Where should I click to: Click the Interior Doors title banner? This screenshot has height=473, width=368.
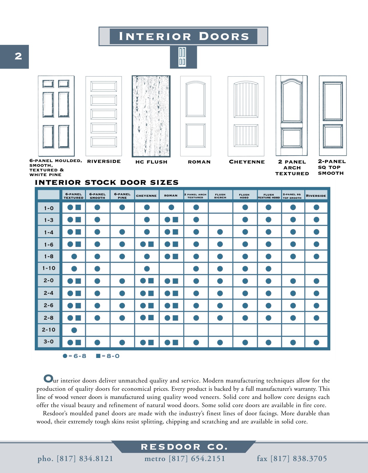pos(183,36)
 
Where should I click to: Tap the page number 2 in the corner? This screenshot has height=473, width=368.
pos(18,56)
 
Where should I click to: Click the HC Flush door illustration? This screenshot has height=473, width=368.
pos(151,116)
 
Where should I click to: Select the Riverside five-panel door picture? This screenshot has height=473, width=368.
pos(104,116)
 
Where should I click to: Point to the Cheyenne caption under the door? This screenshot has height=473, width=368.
pos(247,162)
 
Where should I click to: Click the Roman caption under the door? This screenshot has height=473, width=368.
pos(199,162)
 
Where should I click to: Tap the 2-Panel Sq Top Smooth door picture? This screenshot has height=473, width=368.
pos(333,116)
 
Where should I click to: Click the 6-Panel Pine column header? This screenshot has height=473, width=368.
pos(122,196)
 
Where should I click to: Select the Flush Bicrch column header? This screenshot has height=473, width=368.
pos(220,196)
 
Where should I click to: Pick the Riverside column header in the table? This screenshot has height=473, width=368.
pos(316,196)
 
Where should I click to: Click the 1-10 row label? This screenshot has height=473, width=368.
pos(49,268)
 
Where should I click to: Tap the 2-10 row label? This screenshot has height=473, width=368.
pos(49,330)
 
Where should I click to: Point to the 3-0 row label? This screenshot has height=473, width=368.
pos(49,342)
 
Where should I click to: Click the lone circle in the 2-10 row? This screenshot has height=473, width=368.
pos(74,330)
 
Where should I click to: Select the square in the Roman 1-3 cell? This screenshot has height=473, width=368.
pos(175,220)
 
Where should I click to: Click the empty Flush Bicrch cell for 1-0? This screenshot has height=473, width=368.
pos(221,208)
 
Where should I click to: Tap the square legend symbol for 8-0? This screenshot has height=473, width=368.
pos(98,356)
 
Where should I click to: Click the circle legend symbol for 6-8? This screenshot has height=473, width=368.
pos(65,356)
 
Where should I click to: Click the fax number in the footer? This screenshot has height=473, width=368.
pos(292,459)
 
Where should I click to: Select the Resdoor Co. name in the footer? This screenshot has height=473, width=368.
pos(184,447)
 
